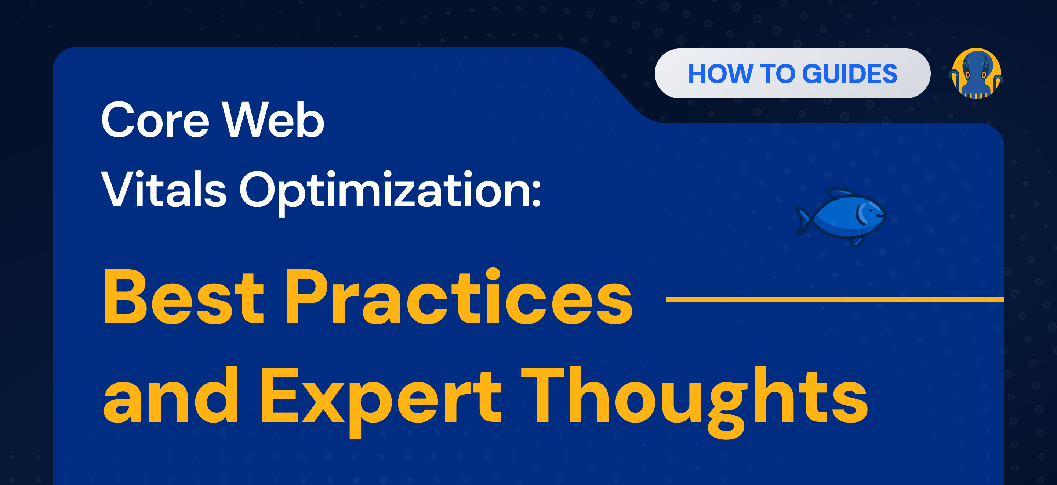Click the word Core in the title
point(155,119)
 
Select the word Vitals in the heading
point(164,189)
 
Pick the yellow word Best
point(184,296)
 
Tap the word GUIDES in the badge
point(849,74)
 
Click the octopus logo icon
point(976,73)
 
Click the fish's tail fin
point(802,220)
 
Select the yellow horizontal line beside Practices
point(835,300)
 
